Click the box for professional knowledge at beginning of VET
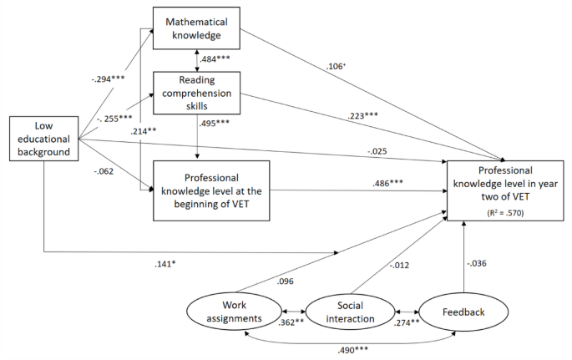coord(212,190)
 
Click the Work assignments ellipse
coord(226,312)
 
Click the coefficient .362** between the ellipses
coord(284,321)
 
